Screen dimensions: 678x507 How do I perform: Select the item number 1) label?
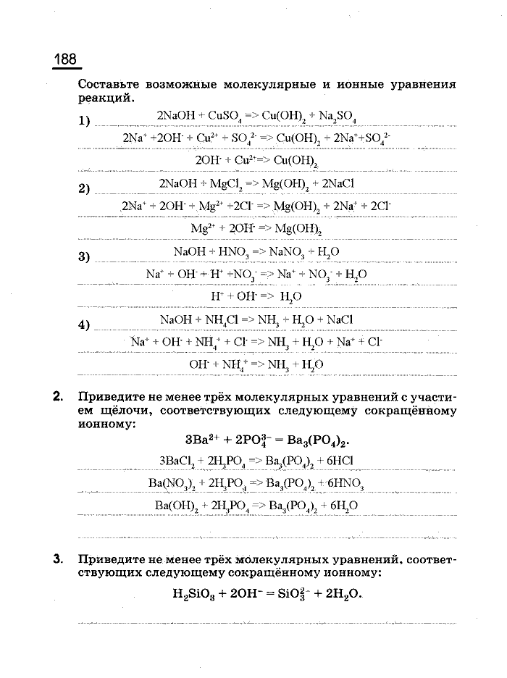click(84, 121)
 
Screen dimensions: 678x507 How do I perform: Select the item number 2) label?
click(84, 189)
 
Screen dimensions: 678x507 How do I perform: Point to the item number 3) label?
click(84, 256)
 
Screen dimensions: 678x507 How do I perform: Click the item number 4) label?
click(84, 325)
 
